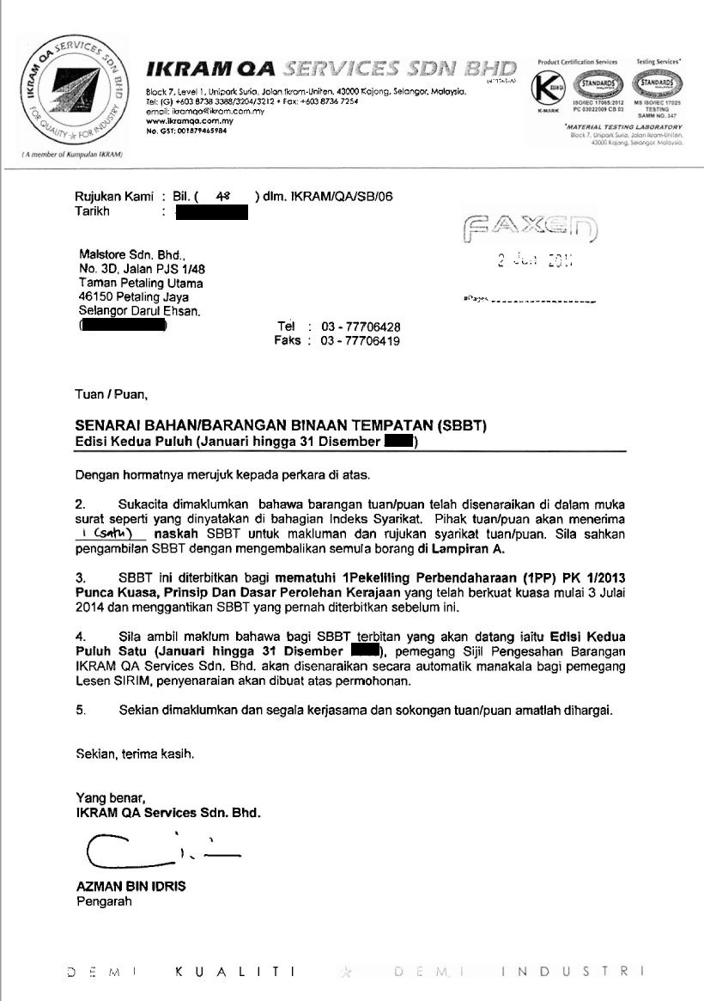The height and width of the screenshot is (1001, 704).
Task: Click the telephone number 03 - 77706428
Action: [x=361, y=327]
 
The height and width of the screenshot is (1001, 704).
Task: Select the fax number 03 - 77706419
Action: [x=361, y=341]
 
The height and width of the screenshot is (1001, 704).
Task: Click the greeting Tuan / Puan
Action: [x=112, y=395]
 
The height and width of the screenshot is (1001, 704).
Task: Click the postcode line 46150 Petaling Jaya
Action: [x=133, y=298]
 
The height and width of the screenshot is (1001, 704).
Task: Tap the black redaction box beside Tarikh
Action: [x=211, y=212]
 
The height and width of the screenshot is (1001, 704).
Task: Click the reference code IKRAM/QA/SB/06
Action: [x=340, y=197]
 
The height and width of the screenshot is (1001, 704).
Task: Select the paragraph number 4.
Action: [x=80, y=637]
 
